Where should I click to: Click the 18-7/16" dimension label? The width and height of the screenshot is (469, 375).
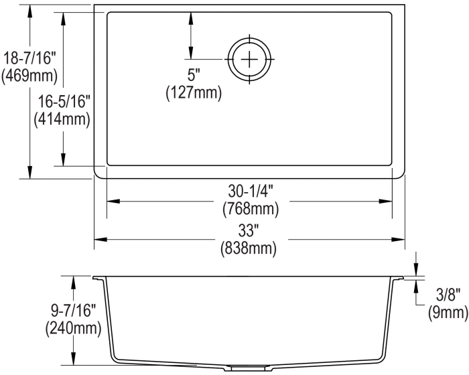(x=29, y=58)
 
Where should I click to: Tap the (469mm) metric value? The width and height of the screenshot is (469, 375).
(x=29, y=76)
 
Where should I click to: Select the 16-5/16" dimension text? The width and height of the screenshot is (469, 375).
(x=64, y=101)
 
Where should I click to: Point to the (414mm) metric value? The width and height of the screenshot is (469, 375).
(x=62, y=120)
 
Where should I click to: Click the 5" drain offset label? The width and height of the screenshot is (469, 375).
(x=193, y=74)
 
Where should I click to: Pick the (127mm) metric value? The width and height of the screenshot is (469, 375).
(x=194, y=92)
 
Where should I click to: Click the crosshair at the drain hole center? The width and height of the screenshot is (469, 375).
(x=249, y=60)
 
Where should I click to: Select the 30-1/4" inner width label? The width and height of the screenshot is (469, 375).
(x=251, y=191)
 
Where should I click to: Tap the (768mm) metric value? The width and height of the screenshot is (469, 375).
(x=251, y=209)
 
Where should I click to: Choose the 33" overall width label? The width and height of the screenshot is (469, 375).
(x=249, y=230)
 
